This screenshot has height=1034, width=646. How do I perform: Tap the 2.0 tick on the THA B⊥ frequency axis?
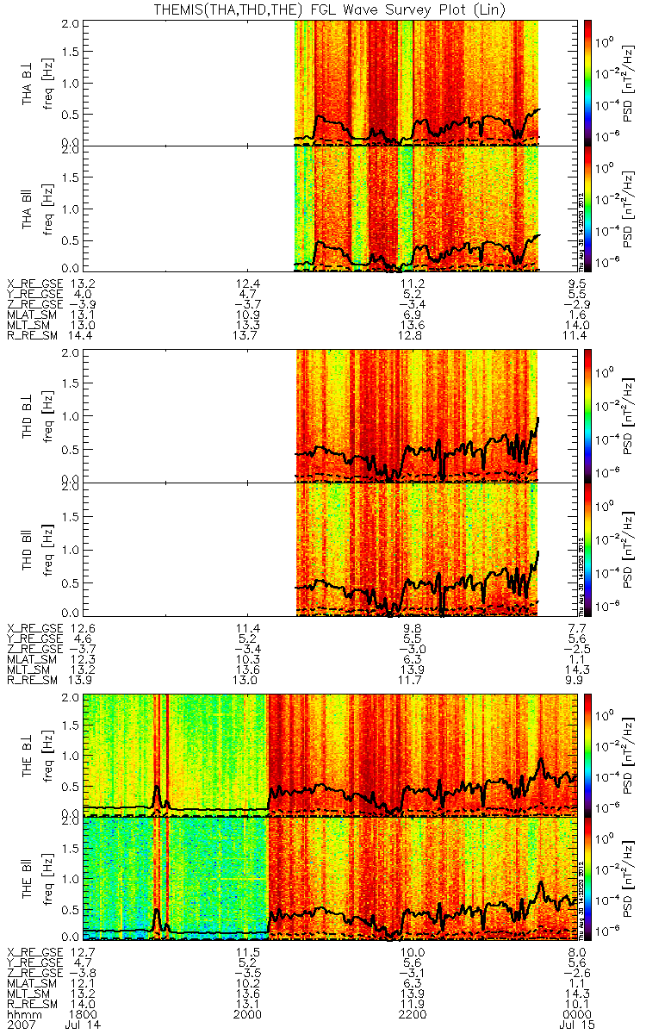[x=74, y=22]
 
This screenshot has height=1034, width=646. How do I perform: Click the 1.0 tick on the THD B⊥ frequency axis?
[x=74, y=416]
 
